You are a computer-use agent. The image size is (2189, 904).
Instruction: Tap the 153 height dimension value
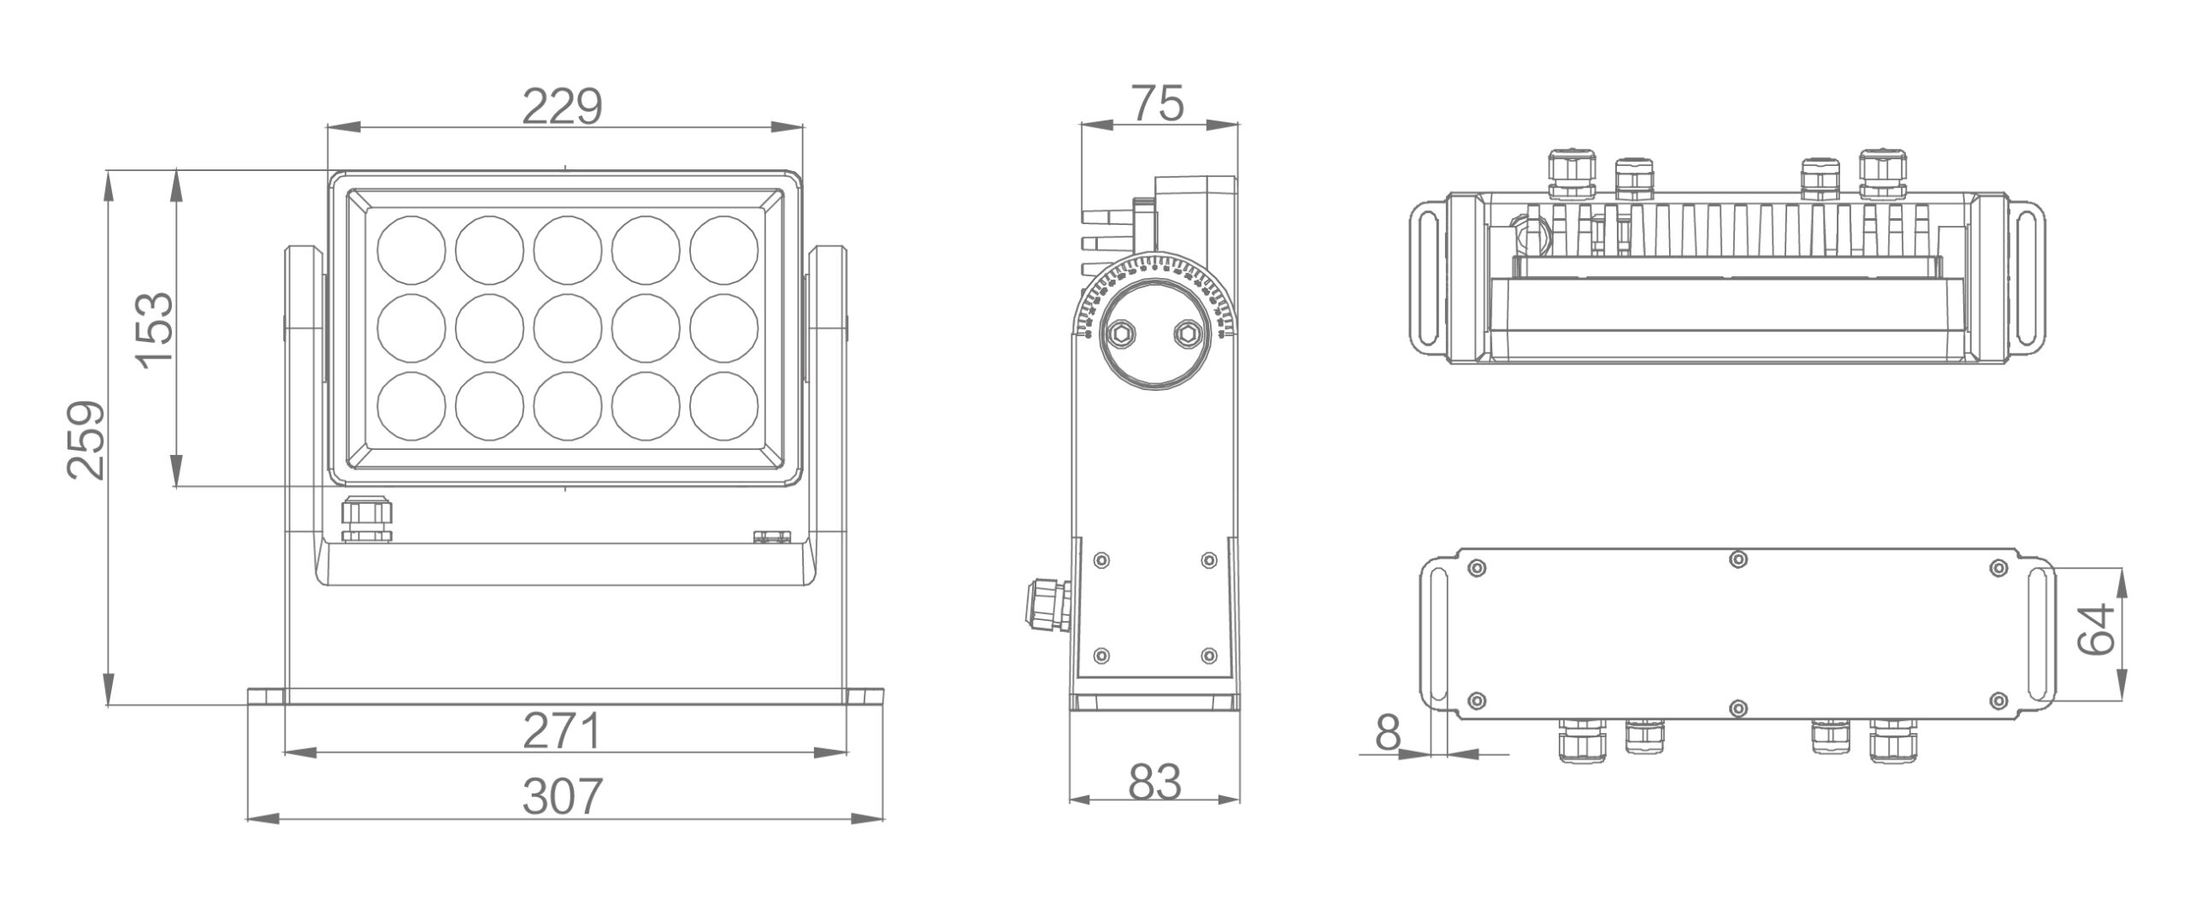156,329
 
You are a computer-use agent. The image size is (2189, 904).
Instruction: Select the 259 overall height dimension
87,439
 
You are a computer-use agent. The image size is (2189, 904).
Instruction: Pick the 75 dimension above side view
1158,104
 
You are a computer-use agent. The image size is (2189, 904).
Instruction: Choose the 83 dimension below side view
1154,783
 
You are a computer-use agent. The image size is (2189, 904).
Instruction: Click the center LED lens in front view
568,328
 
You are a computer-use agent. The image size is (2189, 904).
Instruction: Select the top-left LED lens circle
411,250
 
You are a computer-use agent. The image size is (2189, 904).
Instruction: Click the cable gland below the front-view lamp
367,521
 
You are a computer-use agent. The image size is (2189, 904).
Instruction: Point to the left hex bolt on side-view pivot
1119,334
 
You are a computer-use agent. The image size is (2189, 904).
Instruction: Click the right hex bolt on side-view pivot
1185,334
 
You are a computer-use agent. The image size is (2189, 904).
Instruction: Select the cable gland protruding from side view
1045,604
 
